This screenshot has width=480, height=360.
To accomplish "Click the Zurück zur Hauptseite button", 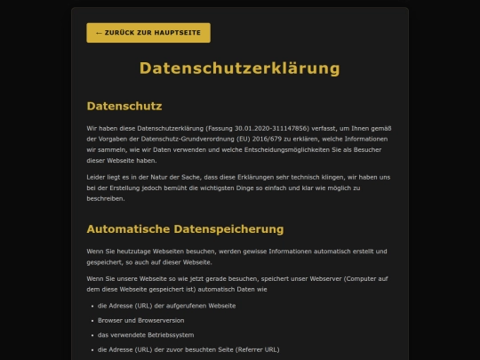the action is click(x=148, y=33).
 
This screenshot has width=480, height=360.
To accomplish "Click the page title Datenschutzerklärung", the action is click(x=240, y=68).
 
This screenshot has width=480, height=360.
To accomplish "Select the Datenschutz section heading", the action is click(x=124, y=107).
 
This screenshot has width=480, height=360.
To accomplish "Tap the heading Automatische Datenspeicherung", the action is click(x=185, y=228).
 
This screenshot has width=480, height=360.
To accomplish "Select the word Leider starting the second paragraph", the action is click(x=98, y=178).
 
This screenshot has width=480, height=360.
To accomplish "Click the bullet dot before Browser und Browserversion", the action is click(x=92, y=319).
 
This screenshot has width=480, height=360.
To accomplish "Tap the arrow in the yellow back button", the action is click(x=99, y=33).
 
